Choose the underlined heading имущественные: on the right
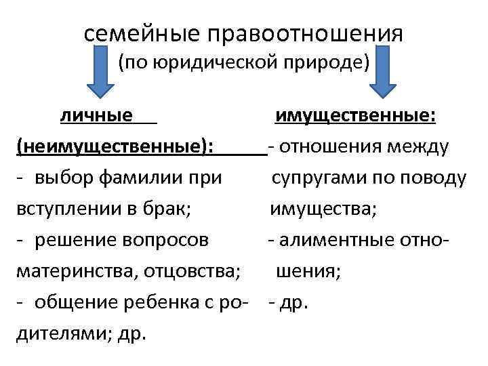[x=354, y=117]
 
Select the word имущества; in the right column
[x=323, y=209]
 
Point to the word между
[x=420, y=146]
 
